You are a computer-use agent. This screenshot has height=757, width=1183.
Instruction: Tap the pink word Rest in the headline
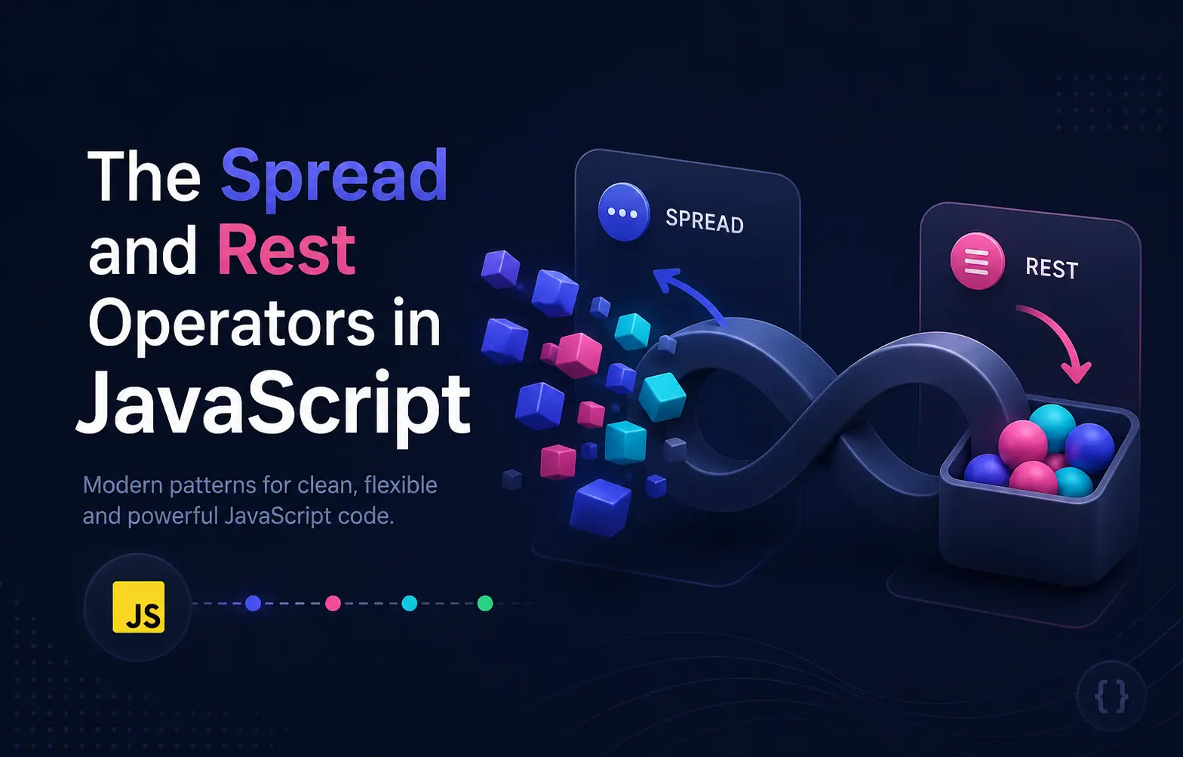coord(286,249)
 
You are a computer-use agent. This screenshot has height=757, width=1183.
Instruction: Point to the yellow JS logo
coord(138,607)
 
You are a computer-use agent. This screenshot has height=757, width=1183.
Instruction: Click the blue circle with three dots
coord(623,212)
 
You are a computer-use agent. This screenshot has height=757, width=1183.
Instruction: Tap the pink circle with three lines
coord(977,260)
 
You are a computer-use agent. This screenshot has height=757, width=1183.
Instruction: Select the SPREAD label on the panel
coord(705,221)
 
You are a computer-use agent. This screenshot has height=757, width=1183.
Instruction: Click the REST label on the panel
coord(1052,269)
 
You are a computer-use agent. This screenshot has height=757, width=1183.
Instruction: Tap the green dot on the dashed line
coord(485,603)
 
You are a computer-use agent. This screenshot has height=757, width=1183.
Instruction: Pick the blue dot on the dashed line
coord(253,603)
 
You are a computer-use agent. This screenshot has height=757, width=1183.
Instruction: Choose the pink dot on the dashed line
coord(333,603)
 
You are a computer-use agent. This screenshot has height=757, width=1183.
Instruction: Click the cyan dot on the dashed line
coord(409,603)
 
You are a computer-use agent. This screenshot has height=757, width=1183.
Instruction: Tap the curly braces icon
coord(1112,697)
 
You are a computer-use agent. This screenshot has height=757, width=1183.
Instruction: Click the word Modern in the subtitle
coord(123,485)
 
